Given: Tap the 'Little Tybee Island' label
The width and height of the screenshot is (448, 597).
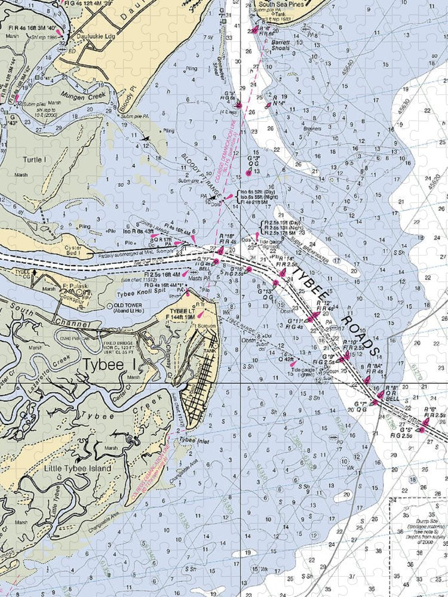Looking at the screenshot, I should pos(78,469).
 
